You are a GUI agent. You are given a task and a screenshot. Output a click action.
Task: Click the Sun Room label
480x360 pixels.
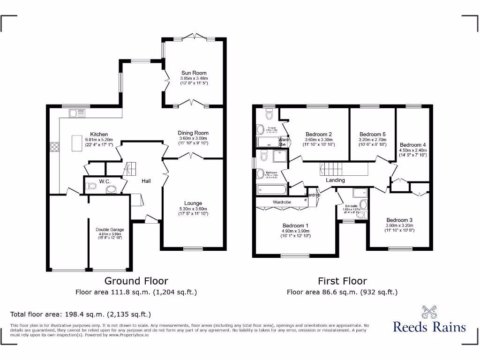[x=194, y=73]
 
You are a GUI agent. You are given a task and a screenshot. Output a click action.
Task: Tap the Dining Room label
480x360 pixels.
[x=193, y=133]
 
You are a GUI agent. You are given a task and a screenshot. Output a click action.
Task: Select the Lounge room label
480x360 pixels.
[x=193, y=203]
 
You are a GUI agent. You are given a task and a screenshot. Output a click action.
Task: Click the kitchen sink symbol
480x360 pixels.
[x=75, y=112]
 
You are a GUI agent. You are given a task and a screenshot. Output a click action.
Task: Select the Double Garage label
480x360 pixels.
[x=110, y=229]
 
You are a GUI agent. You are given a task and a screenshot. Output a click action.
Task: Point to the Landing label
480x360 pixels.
[x=335, y=180]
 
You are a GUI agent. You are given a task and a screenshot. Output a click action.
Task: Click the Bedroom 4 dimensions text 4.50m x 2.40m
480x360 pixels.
[x=412, y=150]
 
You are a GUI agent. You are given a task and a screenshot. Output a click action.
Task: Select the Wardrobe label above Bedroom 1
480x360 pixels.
[x=282, y=202]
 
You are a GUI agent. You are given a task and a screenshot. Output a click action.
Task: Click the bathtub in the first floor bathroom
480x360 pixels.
[x=272, y=190]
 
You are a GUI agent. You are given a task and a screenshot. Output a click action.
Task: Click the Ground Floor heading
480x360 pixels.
[x=136, y=281]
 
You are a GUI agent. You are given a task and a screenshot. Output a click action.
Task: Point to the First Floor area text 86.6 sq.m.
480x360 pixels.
[x=342, y=292]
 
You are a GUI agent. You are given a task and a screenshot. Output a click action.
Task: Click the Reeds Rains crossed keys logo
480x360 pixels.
[x=429, y=312]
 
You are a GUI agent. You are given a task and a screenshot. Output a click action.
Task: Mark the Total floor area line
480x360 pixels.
[x=81, y=314]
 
